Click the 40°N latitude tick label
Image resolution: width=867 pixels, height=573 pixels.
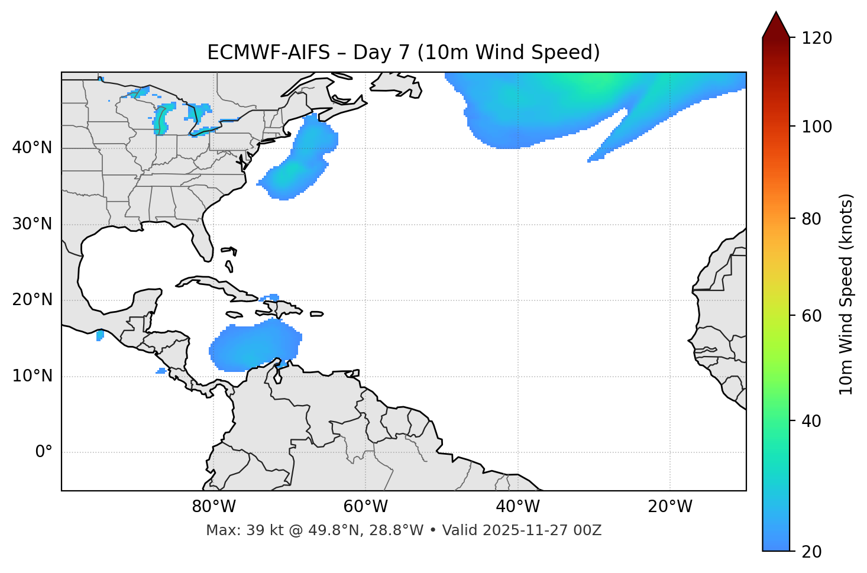click(x=32, y=148)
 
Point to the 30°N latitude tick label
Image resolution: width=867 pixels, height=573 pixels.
click(x=32, y=224)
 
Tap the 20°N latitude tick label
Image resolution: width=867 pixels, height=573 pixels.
click(x=32, y=300)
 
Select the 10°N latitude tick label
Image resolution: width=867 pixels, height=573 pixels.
click(x=32, y=376)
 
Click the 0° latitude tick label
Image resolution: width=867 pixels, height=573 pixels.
click(x=44, y=452)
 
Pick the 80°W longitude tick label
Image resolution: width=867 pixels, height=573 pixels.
click(x=213, y=507)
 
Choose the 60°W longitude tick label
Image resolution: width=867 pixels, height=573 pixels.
click(x=365, y=507)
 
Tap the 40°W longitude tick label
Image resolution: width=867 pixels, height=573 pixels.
click(x=518, y=507)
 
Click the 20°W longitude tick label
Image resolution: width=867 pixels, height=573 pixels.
click(x=670, y=507)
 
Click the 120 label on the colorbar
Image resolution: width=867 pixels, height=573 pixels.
click(x=817, y=38)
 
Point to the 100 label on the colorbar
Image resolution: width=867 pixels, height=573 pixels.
click(x=817, y=127)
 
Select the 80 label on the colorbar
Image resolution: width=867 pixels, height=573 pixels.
click(x=812, y=219)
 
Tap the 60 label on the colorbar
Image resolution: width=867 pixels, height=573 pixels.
click(x=812, y=316)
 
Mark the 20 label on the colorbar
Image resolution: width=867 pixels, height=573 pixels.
click(x=812, y=552)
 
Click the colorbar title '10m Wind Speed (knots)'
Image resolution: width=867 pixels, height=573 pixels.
click(x=846, y=294)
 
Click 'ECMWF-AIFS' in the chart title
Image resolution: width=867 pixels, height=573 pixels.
click(x=268, y=53)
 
